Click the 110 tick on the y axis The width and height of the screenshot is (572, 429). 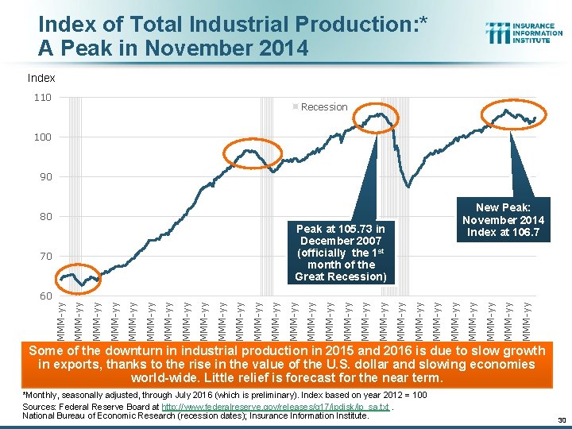pyautogui.click(x=42, y=98)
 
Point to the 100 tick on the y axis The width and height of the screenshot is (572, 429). pyautogui.click(x=42, y=137)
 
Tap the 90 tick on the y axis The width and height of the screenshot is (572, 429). pyautogui.click(x=44, y=177)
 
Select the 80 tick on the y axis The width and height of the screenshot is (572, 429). pyautogui.click(x=44, y=217)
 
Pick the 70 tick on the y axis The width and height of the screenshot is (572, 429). pyautogui.click(x=44, y=257)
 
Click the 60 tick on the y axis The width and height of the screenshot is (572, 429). pyautogui.click(x=44, y=296)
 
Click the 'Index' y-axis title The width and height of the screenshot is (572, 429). pyautogui.click(x=41, y=78)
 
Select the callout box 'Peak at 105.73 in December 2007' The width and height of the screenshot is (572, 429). pyautogui.click(x=339, y=253)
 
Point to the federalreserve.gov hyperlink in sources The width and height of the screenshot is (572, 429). pyautogui.click(x=275, y=406)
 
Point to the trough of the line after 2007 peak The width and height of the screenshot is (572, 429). pyautogui.click(x=408, y=187)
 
